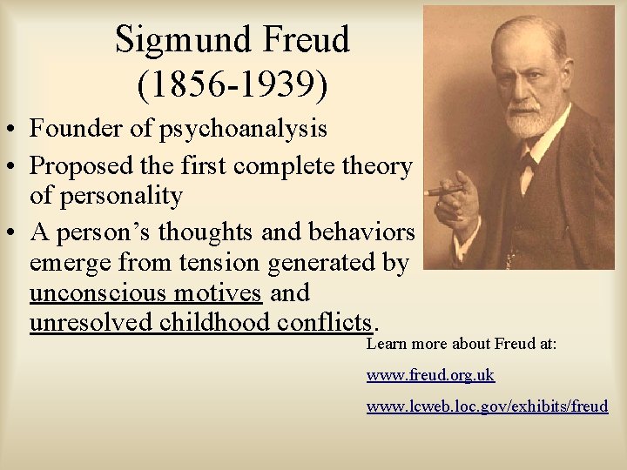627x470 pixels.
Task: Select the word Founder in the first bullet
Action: click(79, 129)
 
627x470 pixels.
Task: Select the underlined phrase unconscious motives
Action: click(145, 292)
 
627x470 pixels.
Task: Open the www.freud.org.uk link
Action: click(430, 375)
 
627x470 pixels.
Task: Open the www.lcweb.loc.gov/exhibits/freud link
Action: click(487, 406)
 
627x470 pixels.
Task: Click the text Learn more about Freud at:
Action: click(461, 344)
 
